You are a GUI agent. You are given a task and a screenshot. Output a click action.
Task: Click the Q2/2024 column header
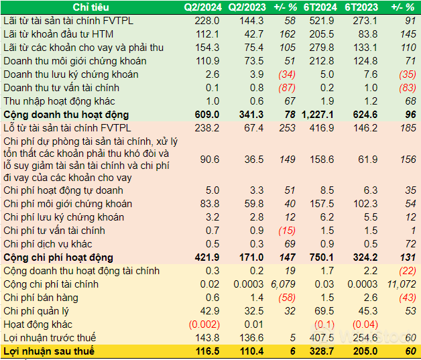coord(200,7)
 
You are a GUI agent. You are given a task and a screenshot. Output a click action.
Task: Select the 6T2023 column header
coord(363,7)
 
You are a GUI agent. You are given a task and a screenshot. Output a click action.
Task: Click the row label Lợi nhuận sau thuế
coord(49,351)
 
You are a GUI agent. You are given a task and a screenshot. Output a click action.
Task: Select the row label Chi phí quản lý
coord(36,311)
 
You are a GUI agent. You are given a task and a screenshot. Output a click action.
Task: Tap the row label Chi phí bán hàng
coord(36,298)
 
